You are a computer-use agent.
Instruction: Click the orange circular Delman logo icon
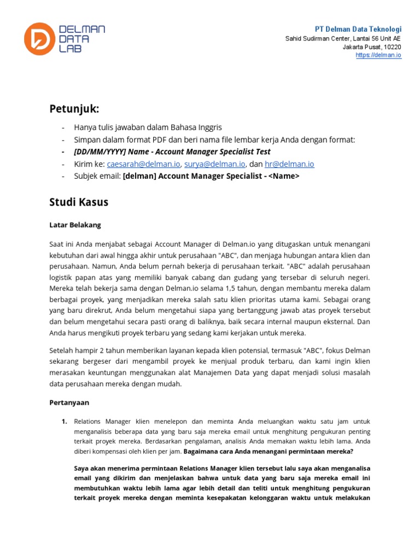click(x=39, y=39)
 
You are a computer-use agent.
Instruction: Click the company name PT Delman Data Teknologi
click(x=358, y=29)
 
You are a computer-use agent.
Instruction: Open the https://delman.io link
click(x=378, y=55)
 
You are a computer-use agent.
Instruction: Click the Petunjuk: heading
click(x=75, y=109)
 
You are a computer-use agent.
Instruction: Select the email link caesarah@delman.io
click(x=143, y=164)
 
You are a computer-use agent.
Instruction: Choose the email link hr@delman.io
click(x=289, y=164)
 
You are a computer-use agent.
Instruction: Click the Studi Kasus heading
click(x=79, y=202)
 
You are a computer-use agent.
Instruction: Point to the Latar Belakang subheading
click(x=75, y=225)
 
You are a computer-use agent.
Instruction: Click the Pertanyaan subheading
click(x=69, y=402)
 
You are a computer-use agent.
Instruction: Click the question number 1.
click(x=64, y=421)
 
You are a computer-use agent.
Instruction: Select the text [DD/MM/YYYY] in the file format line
click(x=100, y=152)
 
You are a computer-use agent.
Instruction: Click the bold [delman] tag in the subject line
click(x=139, y=176)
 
